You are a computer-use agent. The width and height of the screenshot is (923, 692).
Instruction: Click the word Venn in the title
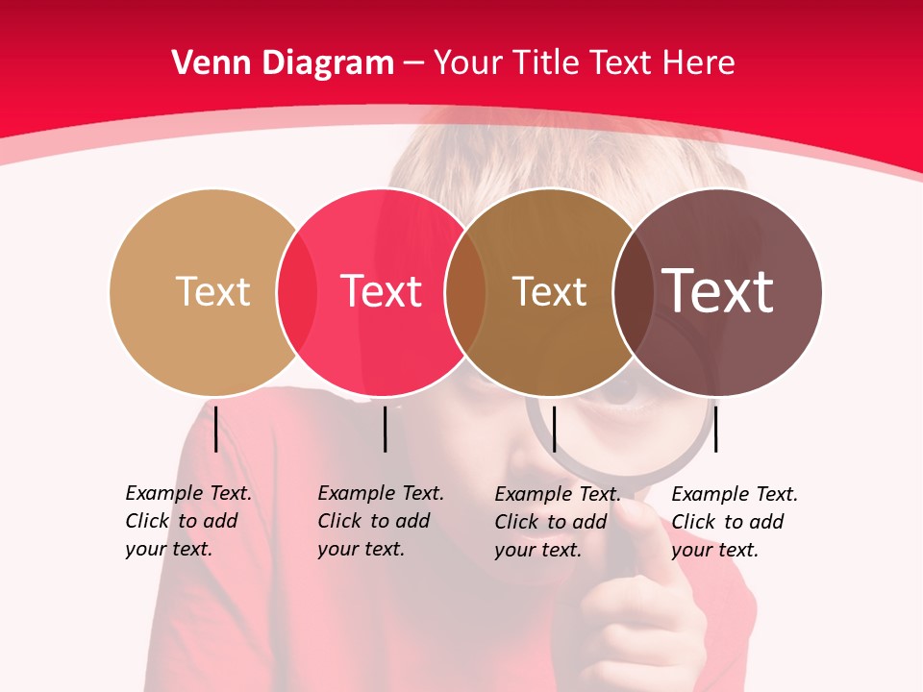205,63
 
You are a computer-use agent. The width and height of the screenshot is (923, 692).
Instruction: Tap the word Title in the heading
549,63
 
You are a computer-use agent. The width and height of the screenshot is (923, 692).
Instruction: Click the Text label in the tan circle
212,291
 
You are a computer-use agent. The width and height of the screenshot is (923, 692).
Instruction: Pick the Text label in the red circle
381,291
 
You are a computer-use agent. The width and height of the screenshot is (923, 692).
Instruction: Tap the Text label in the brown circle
549,291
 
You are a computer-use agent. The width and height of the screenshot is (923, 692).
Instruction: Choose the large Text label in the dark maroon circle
717,291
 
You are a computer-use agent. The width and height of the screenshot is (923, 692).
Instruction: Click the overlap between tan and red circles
297,292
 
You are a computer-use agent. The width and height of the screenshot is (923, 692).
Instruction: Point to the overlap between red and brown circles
465,292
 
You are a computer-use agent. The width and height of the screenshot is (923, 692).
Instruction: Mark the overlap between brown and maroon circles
633,292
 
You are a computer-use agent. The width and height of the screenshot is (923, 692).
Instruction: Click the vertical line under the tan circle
215,429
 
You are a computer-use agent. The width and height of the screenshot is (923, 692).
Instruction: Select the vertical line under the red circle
385,429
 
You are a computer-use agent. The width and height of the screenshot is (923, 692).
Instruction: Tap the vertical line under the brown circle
554,429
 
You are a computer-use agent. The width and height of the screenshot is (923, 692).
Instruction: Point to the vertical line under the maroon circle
716,429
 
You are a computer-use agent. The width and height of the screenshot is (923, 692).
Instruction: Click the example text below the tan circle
187,521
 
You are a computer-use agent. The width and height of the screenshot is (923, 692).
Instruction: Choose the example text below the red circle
380,521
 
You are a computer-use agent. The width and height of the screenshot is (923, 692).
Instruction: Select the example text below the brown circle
557,522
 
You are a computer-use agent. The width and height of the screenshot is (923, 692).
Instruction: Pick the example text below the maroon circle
734,522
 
